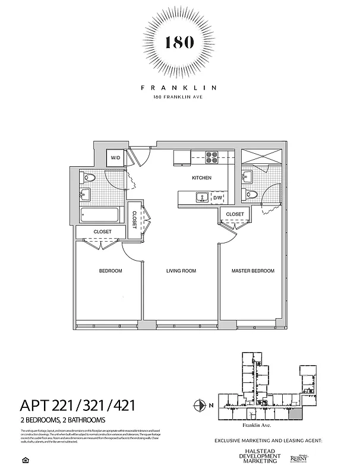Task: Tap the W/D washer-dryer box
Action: click(116, 158)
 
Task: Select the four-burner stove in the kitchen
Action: click(213, 157)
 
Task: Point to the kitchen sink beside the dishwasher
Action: click(202, 197)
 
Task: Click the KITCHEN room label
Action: click(201, 178)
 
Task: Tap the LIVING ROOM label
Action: click(181, 271)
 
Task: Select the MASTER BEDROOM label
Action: click(253, 271)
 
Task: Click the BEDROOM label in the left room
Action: click(110, 271)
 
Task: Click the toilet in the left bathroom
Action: click(91, 177)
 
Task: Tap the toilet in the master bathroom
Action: click(252, 194)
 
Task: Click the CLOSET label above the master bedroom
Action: click(235, 214)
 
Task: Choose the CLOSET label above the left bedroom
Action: click(102, 232)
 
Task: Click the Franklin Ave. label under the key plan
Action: click(257, 426)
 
